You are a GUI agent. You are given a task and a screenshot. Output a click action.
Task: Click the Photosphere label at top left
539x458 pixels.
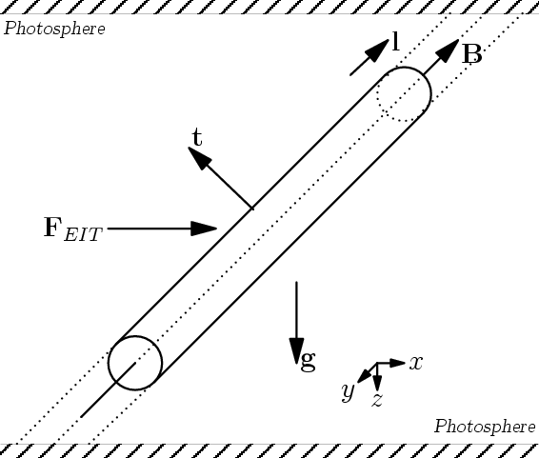(54, 29)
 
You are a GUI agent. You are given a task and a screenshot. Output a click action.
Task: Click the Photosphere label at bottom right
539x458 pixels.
(485, 427)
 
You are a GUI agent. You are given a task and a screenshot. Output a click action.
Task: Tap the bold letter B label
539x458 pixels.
(472, 54)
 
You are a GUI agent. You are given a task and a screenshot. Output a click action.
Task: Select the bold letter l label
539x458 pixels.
(396, 41)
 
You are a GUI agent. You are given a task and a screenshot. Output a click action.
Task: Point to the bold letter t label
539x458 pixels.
(197, 137)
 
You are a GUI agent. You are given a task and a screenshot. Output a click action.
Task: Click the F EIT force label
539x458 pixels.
(73, 229)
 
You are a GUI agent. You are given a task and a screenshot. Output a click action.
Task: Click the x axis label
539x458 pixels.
(415, 363)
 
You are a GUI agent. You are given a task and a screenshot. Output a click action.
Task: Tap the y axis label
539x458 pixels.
(349, 391)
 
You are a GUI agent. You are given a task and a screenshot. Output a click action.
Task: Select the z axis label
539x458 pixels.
(377, 400)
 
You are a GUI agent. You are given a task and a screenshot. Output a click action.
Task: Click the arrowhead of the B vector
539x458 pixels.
(448, 50)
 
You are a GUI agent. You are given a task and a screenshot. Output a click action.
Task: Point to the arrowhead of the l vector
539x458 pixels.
(377, 51)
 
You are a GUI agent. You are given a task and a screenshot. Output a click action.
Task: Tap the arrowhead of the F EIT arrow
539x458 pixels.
(204, 229)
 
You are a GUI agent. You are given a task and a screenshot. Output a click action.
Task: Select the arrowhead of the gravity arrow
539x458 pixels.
(297, 350)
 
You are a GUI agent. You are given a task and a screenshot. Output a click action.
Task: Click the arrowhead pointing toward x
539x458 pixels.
(398, 363)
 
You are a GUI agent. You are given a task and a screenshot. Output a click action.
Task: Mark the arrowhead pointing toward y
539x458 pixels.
(365, 375)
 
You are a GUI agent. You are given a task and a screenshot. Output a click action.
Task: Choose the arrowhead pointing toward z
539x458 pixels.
(377, 383)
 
